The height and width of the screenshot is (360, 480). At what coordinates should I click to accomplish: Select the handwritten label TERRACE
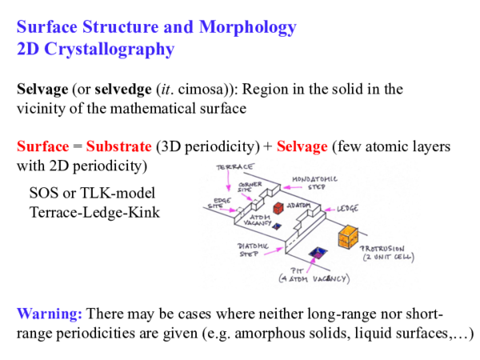(x=236, y=167)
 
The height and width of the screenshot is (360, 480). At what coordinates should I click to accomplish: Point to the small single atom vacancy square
(x=277, y=227)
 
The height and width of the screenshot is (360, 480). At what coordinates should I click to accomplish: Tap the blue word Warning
(x=49, y=313)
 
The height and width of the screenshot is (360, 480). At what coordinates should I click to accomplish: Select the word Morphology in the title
(x=246, y=27)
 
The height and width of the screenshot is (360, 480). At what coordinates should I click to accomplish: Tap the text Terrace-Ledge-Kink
(x=94, y=213)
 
